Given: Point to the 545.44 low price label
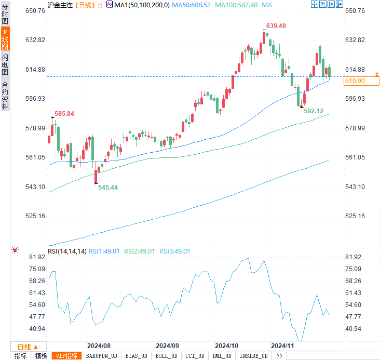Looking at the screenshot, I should (108, 187).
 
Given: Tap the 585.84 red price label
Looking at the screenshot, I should (64, 114).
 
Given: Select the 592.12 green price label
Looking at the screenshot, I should (314, 111).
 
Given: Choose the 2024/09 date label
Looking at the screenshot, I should (167, 345).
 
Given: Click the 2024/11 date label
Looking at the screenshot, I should (283, 345).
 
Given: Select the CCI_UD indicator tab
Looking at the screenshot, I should (195, 356).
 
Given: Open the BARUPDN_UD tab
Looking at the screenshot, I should (101, 356).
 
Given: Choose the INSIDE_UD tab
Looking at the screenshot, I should (253, 356).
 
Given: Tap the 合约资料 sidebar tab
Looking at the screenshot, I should (5, 96).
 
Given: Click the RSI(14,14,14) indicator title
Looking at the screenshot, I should (67, 251).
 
